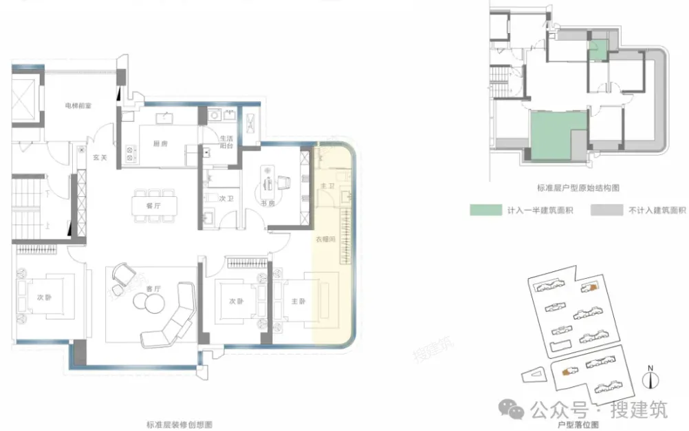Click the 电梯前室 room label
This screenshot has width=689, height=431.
tap(76, 105)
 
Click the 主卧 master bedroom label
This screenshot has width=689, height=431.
tap(298, 301)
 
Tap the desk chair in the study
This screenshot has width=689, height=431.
tap(284, 182)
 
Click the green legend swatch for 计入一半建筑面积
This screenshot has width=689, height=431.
tap(484, 209)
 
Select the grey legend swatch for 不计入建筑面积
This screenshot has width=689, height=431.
tap(605, 209)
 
